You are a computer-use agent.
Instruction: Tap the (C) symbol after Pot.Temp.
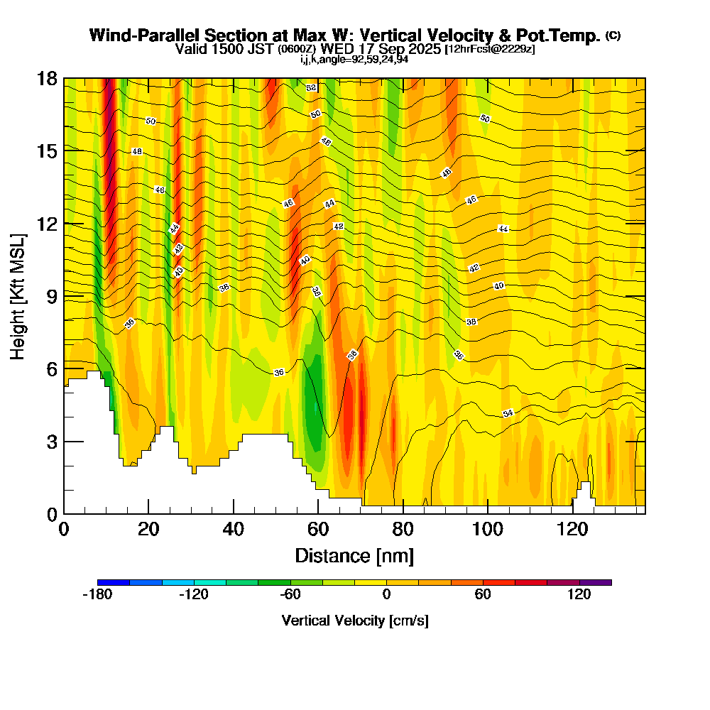pos(613,35)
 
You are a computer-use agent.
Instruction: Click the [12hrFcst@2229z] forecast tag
pos(489,50)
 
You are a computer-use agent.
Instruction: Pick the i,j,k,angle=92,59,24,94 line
pos(354,59)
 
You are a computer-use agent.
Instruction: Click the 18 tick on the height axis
pos(47,78)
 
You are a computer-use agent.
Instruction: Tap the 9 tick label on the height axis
pos(50,296)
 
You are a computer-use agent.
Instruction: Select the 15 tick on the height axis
pos(47,151)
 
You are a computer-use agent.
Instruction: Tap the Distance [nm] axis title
pos(354,555)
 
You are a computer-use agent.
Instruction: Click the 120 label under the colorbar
pos(579,595)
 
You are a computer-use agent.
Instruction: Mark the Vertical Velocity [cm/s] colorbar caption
pos(355,621)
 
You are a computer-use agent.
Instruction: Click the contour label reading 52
pos(311,87)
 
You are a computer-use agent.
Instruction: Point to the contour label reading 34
pos(508,413)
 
